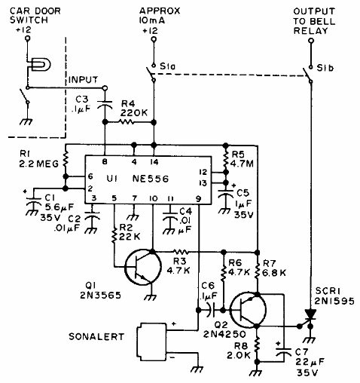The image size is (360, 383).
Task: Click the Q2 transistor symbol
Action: coord(249,310)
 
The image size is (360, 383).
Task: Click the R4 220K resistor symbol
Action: coord(127,122)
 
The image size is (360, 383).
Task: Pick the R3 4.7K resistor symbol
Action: coord(181,252)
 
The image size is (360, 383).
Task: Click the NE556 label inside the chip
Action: coord(151,179)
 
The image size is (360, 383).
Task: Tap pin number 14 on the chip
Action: coord(154,162)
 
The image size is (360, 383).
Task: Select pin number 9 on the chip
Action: coord(198,199)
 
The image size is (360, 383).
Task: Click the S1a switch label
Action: coord(167,66)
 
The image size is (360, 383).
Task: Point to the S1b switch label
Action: coord(325,68)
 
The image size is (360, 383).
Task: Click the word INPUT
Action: coord(83,80)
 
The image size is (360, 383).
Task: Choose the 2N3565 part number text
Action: coord(100,295)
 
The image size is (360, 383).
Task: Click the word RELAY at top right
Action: coord(311,31)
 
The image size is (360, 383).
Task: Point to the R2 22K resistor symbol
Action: coord(114,235)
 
